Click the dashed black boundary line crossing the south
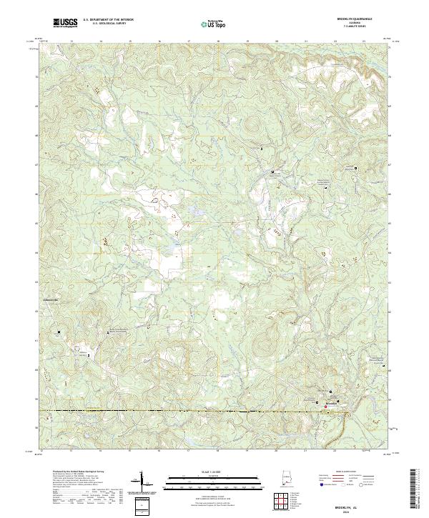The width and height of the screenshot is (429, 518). click(179, 412)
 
